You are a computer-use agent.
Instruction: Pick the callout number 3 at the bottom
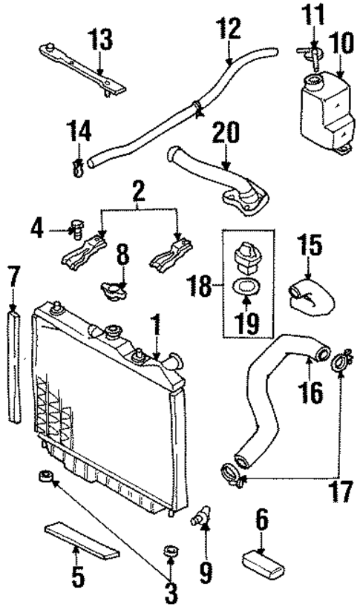[171, 591]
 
